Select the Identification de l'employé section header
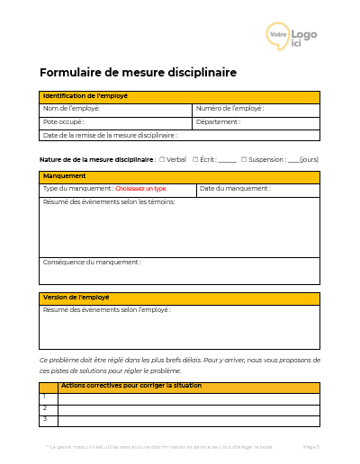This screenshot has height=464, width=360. (179, 96)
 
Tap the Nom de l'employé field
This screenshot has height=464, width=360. (116, 110)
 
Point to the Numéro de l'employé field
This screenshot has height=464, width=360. (256, 110)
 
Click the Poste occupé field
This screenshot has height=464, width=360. (116, 122)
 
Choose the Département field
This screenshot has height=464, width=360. (256, 122)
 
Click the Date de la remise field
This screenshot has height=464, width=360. (179, 135)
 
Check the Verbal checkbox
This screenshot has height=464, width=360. (161, 159)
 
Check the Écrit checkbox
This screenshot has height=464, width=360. (195, 159)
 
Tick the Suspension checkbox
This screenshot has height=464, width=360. (244, 159)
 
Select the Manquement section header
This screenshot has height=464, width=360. (179, 177)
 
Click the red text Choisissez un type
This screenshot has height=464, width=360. (141, 189)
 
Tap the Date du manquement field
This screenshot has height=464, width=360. (257, 190)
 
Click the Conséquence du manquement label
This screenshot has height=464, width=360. (91, 263)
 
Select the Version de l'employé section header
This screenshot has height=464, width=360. (179, 298)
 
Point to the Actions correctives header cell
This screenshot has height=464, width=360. (188, 387)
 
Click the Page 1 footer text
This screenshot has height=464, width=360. (311, 447)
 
